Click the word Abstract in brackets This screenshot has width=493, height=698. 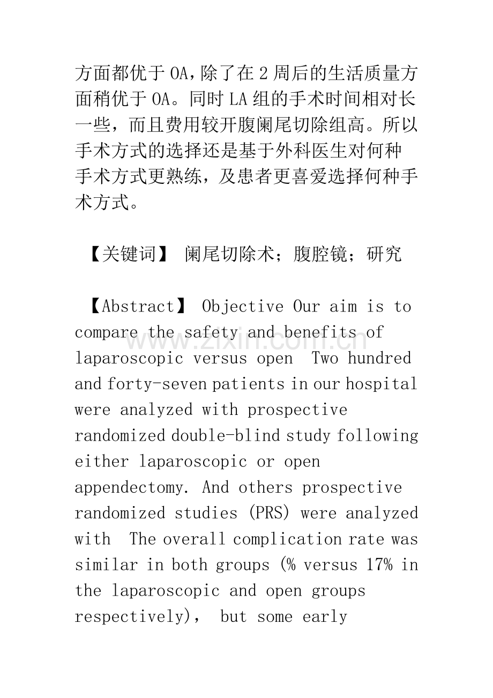tap(138, 307)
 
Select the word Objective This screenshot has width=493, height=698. tap(243, 307)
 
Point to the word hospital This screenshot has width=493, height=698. tap(381, 384)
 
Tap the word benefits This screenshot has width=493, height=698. tap(320, 332)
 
